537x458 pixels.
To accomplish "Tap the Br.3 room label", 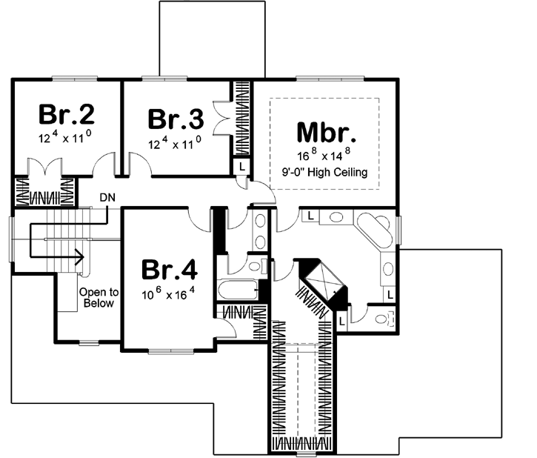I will pyautogui.click(x=175, y=119).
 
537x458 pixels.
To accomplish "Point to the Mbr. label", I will pyautogui.click(x=327, y=131).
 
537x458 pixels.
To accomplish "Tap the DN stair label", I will pyautogui.click(x=107, y=198).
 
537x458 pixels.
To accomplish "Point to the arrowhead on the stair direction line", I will pyautogui.click(x=79, y=259).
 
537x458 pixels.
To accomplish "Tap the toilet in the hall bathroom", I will pyautogui.click(x=255, y=265).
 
